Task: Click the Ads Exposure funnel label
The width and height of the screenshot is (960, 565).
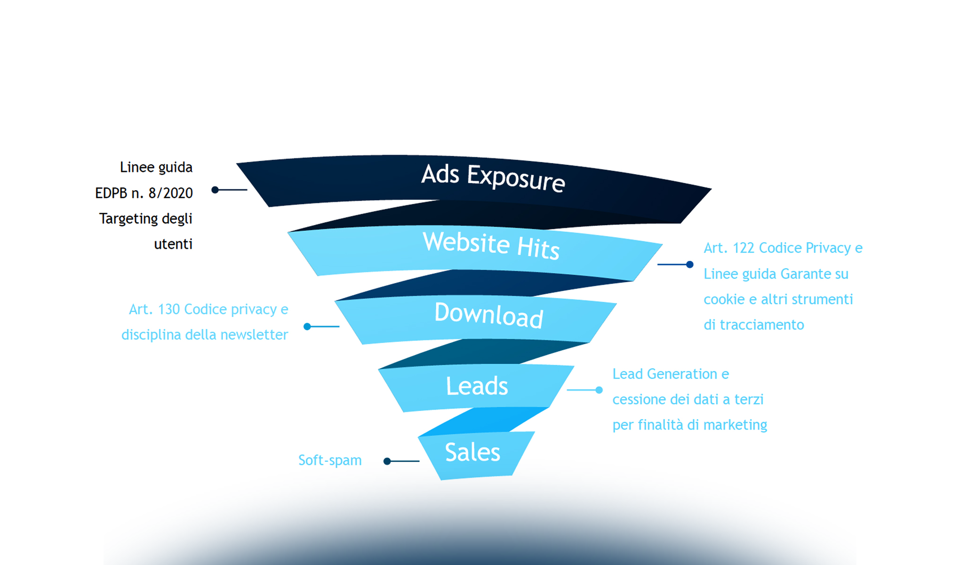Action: click(493, 178)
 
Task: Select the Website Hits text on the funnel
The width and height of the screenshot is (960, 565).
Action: click(491, 245)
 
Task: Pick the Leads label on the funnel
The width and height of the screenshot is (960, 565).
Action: click(477, 386)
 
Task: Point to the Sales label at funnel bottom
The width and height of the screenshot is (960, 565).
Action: click(472, 452)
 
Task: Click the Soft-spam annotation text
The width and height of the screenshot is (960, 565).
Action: click(330, 460)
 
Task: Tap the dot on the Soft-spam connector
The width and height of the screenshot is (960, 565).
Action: click(387, 461)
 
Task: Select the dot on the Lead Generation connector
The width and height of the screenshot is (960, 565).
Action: click(599, 390)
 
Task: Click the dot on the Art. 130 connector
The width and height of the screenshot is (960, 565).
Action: click(307, 326)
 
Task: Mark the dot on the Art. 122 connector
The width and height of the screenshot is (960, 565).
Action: click(690, 265)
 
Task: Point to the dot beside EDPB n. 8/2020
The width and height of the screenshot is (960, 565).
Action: click(215, 190)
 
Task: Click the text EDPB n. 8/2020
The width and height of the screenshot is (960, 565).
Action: click(144, 193)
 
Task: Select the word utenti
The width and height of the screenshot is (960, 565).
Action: click(173, 244)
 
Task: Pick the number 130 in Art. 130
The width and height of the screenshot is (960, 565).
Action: click(169, 309)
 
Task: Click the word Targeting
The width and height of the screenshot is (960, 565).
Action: click(128, 219)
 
